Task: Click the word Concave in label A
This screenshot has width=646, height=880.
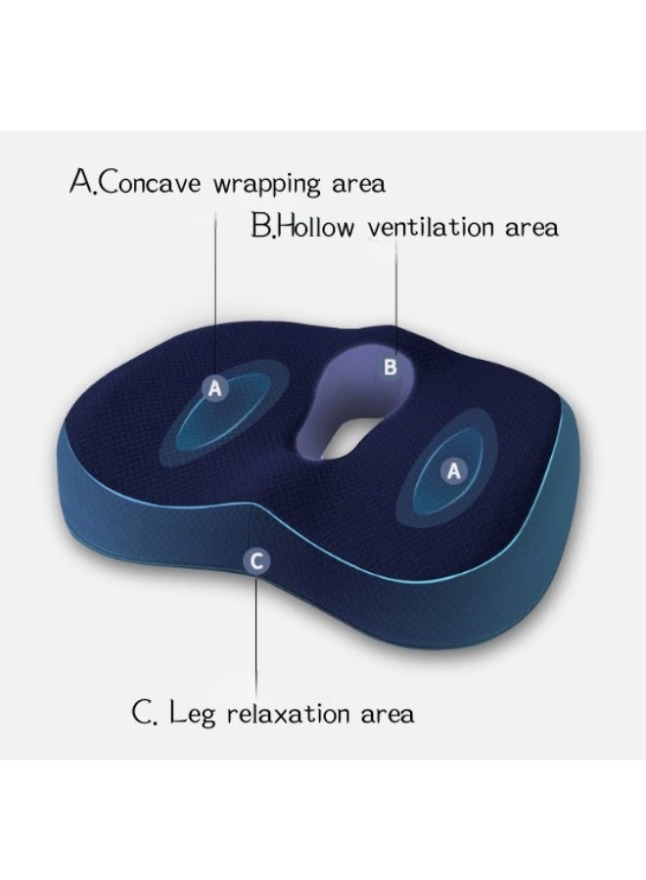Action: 152,184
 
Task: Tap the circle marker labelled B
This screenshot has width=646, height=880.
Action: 390,368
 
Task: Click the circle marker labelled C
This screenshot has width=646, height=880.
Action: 255,560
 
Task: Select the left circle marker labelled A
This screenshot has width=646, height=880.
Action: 216,389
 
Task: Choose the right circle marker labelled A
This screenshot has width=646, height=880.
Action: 453,471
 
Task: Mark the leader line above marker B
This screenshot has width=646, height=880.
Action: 396,293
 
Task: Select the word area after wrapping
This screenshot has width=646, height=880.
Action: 356,184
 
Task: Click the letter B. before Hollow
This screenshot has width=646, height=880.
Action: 263,227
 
